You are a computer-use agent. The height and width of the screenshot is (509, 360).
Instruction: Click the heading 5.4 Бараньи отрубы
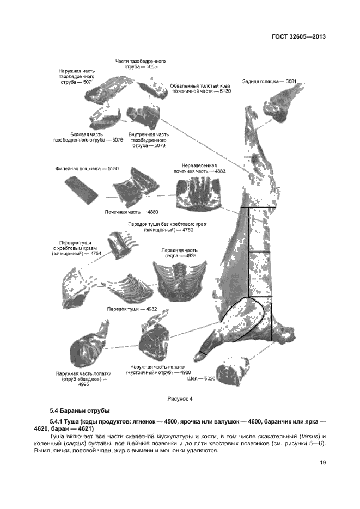tap(80, 410)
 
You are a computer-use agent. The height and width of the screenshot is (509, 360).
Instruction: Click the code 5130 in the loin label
tap(225, 91)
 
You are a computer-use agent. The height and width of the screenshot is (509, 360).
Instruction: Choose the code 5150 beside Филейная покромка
tap(113, 169)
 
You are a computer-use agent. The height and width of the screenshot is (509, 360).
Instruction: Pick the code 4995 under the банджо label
tap(83, 384)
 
